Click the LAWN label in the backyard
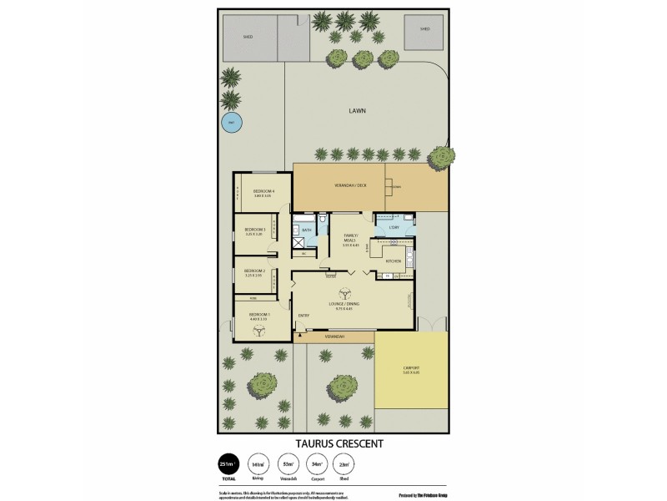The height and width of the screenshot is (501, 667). pos(359,109)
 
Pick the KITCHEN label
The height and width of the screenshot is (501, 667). pos(394,261)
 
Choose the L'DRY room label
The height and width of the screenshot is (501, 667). pos(395,227)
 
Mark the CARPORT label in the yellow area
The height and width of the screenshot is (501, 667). pos(410,368)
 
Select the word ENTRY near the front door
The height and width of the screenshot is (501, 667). pos(303,315)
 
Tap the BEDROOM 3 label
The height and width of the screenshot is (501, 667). pos(255,230)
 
